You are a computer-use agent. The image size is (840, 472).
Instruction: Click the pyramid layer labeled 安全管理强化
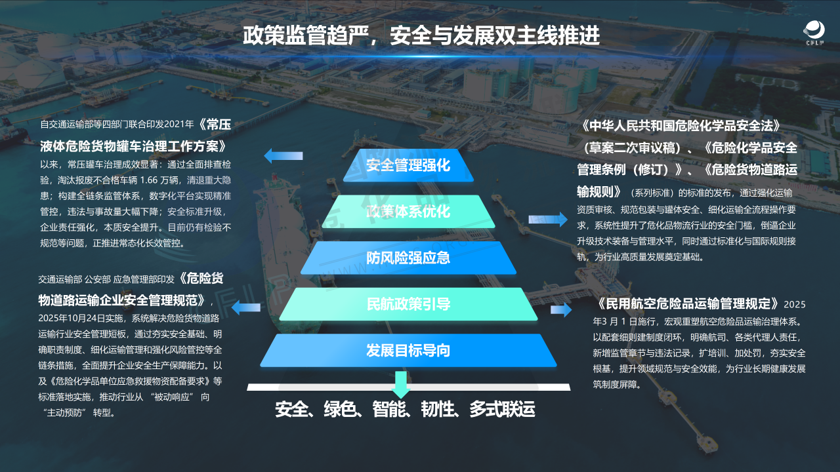click(x=408, y=165)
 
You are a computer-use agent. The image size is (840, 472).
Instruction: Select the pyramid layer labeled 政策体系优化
click(x=408, y=211)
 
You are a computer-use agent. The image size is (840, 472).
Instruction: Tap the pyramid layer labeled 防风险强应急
click(x=408, y=258)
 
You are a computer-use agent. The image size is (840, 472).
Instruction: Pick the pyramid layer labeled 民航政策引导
click(x=408, y=304)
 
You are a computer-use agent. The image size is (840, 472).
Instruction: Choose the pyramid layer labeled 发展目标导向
click(x=408, y=350)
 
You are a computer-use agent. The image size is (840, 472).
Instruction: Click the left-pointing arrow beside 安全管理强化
click(x=283, y=156)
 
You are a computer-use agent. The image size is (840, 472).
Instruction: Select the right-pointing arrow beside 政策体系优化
click(x=547, y=220)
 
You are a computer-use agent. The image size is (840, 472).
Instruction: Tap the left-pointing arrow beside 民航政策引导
click(x=246, y=305)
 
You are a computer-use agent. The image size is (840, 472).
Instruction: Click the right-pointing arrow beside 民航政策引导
click(x=561, y=310)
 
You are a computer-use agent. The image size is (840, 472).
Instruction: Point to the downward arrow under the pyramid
click(x=402, y=383)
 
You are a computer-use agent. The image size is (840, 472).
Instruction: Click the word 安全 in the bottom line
click(x=292, y=410)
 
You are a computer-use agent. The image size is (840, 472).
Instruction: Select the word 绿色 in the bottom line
click(x=340, y=410)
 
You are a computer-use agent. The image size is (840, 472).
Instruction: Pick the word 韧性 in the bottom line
click(x=437, y=410)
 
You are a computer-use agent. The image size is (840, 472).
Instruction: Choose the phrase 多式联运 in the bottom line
click(x=502, y=410)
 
